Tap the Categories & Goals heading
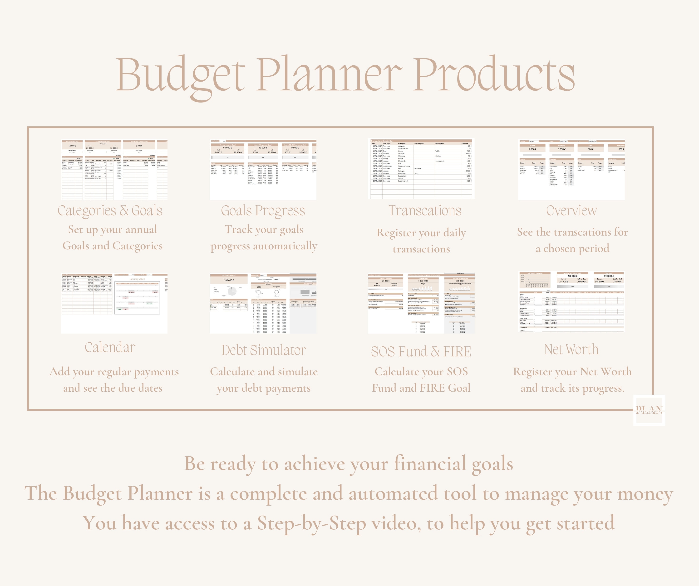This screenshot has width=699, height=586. coord(110,211)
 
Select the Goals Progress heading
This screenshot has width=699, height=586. coord(263,211)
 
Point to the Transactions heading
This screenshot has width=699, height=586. coord(425,211)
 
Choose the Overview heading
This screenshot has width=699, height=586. coord(571,211)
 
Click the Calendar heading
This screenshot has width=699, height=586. coord(110,347)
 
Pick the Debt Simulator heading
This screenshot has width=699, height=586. coord(264,350)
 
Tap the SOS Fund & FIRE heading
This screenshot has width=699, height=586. coord(421,352)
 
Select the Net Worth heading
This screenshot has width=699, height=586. coord(571,350)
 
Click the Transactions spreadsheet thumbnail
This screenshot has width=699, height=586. coord(421,169)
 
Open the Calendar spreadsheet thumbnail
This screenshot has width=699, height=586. coord(114,303)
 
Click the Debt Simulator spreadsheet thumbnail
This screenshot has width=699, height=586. coord(263,303)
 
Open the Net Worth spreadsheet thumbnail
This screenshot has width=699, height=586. coord(571,302)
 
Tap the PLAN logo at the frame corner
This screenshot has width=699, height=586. coord(649,410)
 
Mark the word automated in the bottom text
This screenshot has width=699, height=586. coord(393,493)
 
